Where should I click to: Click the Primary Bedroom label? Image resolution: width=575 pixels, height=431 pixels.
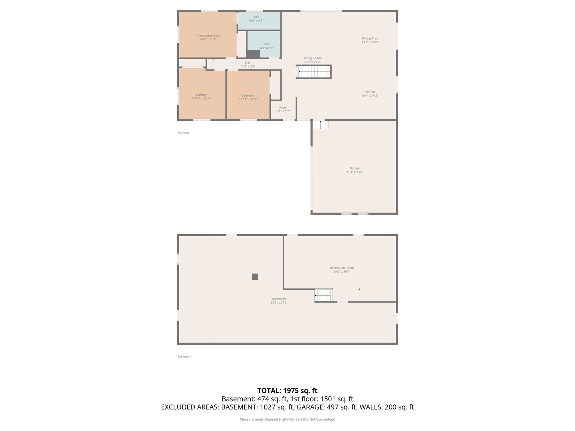(208, 38)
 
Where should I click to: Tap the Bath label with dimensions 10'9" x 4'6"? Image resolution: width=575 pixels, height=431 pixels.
(256, 19)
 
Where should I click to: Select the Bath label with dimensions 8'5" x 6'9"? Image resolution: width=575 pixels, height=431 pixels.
(267, 46)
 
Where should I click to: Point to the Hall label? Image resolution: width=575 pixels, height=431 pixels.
(248, 64)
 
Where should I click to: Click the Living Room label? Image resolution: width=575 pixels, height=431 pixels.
(312, 60)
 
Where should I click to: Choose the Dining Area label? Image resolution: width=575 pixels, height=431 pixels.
(369, 40)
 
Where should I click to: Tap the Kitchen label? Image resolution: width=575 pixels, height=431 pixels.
(369, 93)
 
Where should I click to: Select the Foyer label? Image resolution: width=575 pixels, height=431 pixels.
(283, 109)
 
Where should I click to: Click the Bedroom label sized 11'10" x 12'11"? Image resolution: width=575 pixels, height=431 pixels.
(202, 97)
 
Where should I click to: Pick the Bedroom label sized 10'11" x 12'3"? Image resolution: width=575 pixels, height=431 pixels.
(248, 97)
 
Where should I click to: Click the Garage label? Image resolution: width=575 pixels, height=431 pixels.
(355, 170)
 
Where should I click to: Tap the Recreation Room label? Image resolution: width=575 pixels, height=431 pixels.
(342, 269)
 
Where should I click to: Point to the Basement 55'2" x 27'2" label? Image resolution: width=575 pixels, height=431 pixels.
(279, 301)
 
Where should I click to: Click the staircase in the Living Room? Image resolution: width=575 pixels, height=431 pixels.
(314, 72)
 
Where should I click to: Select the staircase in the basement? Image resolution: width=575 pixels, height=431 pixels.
(323, 295)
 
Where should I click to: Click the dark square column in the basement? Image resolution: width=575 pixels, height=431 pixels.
(255, 277)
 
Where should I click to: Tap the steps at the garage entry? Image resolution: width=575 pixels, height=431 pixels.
(320, 125)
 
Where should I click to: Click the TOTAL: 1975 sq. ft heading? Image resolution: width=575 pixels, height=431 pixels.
(287, 390)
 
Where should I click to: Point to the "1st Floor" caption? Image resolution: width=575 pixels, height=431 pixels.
(183, 132)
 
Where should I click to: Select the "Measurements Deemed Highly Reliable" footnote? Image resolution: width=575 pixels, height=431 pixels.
(287, 419)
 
